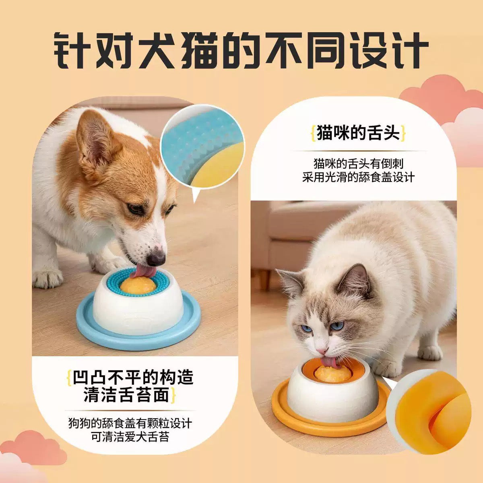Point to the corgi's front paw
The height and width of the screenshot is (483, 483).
click(x=47, y=279)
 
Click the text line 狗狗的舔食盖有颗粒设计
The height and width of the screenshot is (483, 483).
click(x=130, y=423)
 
